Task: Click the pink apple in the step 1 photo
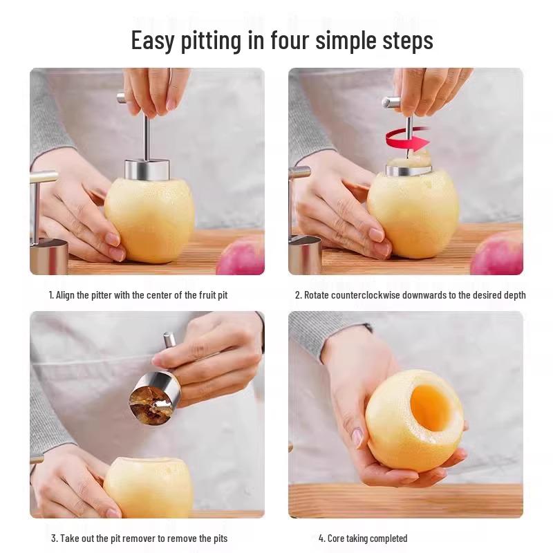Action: [243, 257]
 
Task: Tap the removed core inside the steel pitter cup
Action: [147, 399]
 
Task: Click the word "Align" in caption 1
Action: [66, 295]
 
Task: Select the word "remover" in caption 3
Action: [141, 538]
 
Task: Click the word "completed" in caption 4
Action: [389, 538]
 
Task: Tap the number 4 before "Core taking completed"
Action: [321, 538]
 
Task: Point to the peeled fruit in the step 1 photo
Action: [149, 221]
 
